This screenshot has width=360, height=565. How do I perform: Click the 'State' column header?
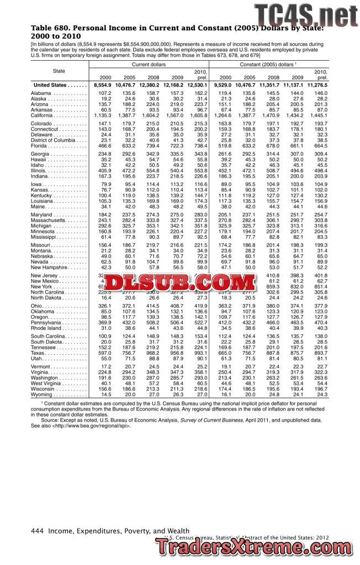(59, 71)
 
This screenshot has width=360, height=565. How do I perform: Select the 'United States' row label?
(51, 86)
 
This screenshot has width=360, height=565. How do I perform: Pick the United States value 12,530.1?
(197, 86)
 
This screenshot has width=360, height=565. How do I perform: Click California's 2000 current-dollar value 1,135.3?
(103, 116)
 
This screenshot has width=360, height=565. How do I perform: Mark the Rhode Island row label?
(47, 328)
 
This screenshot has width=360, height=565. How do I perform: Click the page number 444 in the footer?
(37, 531)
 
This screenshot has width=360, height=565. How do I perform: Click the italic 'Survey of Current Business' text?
(213, 420)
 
